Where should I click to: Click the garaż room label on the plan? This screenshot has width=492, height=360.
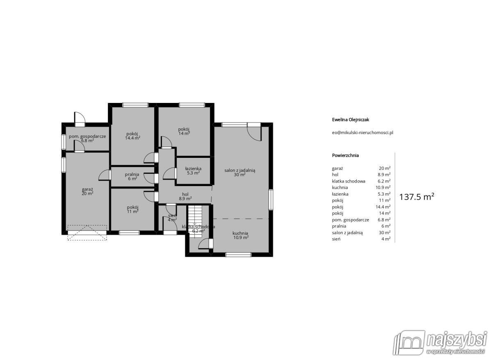[x=87, y=191]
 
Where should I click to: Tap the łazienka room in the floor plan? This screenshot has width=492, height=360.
[x=193, y=171]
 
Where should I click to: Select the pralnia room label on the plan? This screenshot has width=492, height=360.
[x=132, y=176]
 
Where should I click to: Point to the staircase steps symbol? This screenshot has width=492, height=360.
[x=195, y=221]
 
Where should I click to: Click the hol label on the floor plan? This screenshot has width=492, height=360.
[x=185, y=196]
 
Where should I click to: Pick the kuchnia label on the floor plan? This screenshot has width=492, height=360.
[x=241, y=235]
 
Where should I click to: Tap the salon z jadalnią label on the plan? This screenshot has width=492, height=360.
[x=239, y=172]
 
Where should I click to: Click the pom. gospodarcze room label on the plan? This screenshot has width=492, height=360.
[x=87, y=138]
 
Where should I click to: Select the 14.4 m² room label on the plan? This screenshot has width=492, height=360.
[x=133, y=136]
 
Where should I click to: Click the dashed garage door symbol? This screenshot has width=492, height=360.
[x=87, y=232]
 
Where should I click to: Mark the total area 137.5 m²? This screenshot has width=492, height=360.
[x=417, y=197]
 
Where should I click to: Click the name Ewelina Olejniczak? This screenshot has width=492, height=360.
[x=351, y=120]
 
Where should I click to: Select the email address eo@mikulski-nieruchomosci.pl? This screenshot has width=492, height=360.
[x=362, y=133]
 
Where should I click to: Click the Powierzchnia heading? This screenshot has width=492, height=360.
[x=345, y=155]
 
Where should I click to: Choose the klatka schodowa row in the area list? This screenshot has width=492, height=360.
[x=361, y=181]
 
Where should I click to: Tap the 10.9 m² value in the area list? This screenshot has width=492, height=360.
[x=383, y=187]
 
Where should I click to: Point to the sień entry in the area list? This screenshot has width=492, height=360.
[x=361, y=239]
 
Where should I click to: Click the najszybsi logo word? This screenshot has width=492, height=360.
[x=456, y=340]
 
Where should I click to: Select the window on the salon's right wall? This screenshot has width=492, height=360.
[x=271, y=200]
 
